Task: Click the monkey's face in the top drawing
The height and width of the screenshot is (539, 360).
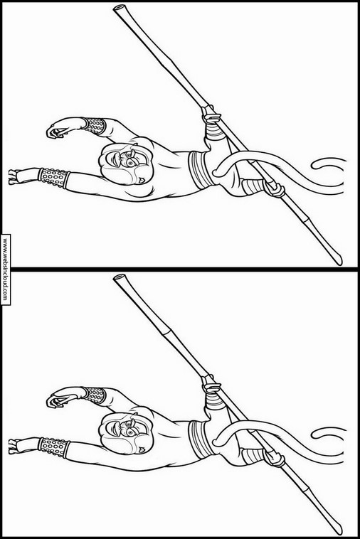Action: click(125, 161)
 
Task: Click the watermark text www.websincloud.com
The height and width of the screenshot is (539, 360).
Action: click(5, 269)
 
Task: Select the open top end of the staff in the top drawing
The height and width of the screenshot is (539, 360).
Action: click(120, 9)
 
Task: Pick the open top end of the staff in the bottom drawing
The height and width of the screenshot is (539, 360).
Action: click(120, 277)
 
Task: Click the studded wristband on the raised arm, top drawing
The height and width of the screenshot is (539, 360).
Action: click(93, 125)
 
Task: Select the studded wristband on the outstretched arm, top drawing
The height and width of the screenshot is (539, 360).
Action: click(53, 177)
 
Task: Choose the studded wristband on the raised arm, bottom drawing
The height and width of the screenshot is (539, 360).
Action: click(93, 395)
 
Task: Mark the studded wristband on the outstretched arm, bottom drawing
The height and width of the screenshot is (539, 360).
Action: click(53, 447)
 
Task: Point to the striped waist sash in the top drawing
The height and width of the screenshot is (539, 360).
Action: click(198, 169)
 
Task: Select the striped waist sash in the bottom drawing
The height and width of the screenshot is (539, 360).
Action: click(198, 438)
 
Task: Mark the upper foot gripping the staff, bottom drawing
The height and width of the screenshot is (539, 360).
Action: click(211, 385)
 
